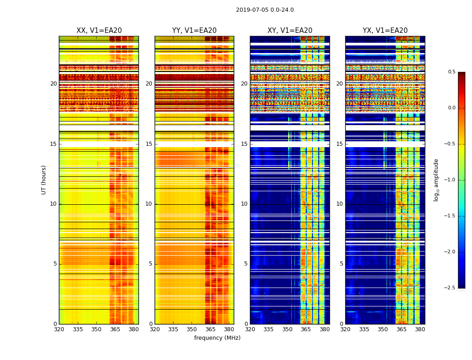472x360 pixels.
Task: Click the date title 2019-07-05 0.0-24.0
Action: (265, 10)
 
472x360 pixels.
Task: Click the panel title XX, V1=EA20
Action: (99, 31)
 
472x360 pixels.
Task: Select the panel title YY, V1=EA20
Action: (194, 31)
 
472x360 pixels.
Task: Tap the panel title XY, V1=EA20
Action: (289, 31)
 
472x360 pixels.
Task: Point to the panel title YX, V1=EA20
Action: (385, 31)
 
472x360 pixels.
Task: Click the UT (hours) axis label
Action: (44, 180)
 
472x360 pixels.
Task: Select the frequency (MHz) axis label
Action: (217, 338)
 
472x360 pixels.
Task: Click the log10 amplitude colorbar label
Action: (436, 180)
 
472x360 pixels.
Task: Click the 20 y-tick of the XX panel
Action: (53, 84)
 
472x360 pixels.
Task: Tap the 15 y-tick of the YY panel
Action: (149, 144)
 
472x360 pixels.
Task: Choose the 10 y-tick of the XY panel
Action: (244, 204)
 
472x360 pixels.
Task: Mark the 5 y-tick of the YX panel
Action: (341, 264)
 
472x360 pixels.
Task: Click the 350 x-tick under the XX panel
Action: (96, 329)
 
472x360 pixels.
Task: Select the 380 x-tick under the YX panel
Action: (420, 329)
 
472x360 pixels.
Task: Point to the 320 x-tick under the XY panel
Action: (250, 329)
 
